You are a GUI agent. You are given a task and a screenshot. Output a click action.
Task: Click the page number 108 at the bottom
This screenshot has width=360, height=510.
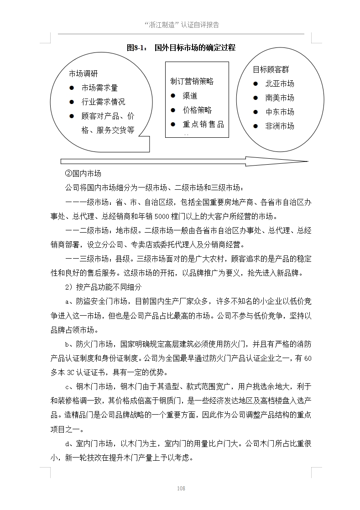[x=181, y=489]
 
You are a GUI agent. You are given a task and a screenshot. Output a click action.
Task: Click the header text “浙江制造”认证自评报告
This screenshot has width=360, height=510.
[x=181, y=25]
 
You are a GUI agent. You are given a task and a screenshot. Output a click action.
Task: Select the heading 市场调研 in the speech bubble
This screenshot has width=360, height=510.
[x=83, y=74]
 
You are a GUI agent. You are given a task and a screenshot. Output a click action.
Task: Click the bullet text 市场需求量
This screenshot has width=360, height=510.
[x=99, y=88]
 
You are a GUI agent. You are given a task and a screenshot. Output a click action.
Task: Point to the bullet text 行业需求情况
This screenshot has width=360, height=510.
[x=103, y=102]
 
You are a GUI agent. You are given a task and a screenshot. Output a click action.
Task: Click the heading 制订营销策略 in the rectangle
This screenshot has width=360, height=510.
[x=192, y=82]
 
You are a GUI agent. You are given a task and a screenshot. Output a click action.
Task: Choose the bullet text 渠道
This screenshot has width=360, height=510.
[x=190, y=96]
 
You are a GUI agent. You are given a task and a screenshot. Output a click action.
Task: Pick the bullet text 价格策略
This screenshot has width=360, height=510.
[x=197, y=110]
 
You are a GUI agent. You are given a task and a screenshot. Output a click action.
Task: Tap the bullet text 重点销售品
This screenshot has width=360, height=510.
[x=203, y=124]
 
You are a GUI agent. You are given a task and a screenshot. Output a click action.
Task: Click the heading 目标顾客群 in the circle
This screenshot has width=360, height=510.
[x=271, y=69]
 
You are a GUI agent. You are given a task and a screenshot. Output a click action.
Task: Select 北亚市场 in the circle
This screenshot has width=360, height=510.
[x=280, y=83]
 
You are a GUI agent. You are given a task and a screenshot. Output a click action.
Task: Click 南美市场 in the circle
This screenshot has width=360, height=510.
[x=280, y=98]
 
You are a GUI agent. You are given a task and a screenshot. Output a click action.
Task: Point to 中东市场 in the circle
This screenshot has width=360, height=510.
[x=280, y=112]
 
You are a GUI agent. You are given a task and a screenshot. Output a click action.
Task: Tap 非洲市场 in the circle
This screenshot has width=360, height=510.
[x=280, y=126]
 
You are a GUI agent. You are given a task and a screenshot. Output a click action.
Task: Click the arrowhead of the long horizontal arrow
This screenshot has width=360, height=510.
[x=299, y=161]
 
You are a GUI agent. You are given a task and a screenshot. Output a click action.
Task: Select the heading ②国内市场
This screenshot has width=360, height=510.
[x=83, y=174]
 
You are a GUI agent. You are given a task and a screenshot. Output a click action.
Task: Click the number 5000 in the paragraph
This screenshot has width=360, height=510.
[x=162, y=216]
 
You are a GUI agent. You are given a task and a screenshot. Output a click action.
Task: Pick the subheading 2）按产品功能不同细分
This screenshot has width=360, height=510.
[x=104, y=287]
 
